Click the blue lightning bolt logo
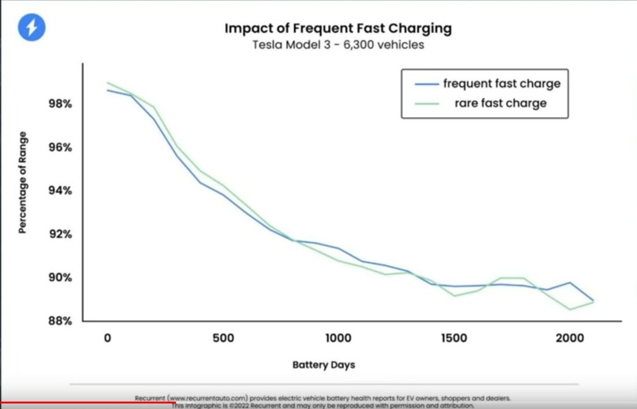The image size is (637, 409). pos(31,27)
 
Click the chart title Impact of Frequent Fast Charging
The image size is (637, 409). pos(338,28)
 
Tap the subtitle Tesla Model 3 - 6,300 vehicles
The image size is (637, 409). pos(338,45)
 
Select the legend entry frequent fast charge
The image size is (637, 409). pos(501,83)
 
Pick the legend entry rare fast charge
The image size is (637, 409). pos(500,103)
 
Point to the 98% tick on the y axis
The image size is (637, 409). pos(60,104)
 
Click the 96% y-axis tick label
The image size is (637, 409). pos(60,148)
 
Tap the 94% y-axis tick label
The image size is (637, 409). pos(60,191)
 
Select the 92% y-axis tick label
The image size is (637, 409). pos(60,235)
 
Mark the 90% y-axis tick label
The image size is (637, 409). pos(60,278)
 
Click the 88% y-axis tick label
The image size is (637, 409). pos(60,321)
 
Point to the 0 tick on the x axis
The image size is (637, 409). pos(107,338)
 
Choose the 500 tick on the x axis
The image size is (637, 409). pos(222,338)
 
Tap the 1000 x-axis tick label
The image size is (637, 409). pos(338,338)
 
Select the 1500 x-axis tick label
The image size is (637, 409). pos(453,338)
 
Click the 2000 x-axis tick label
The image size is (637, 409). pos(569,338)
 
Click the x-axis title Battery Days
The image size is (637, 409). pos(324,365)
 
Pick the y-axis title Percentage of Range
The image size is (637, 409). pos(23,182)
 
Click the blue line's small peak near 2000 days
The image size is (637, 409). pos(570,283)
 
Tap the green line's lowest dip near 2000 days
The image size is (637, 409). pos(570,309)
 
